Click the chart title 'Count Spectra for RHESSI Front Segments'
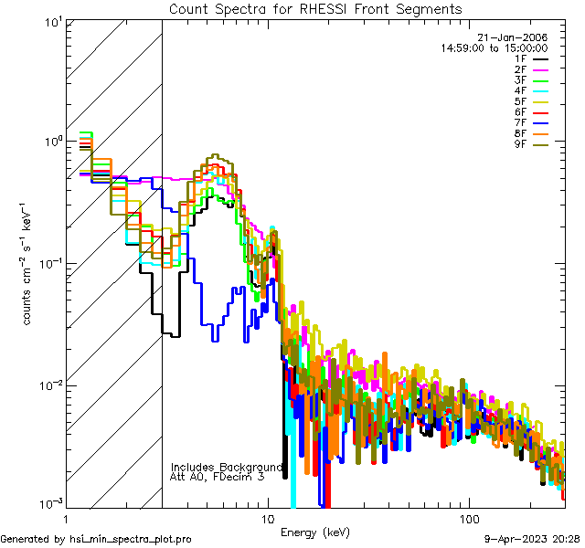[315, 9]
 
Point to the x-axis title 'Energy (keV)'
[315, 531]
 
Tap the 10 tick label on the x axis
[267, 516]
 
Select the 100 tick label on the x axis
[468, 516]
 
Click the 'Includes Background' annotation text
[228, 467]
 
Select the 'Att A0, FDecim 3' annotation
[218, 477]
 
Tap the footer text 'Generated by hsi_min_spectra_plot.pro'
[97, 539]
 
